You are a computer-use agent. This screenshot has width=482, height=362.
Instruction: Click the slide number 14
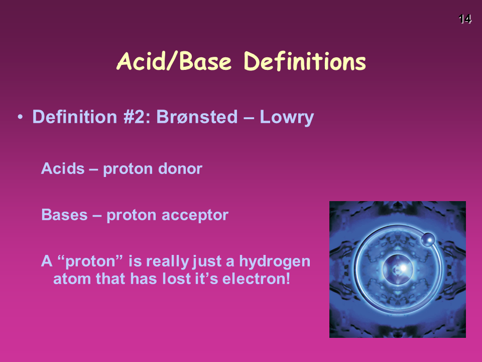465,19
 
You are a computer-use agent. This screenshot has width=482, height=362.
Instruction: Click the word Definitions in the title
305,61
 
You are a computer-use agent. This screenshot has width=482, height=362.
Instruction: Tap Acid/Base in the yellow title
174,61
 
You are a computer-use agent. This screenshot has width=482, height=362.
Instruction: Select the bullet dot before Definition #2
20,117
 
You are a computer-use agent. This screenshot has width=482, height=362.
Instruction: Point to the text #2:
137,117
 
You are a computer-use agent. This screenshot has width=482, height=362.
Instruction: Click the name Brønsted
197,117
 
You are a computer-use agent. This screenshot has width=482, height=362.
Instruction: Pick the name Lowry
287,118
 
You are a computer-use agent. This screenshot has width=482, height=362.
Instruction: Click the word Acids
63,168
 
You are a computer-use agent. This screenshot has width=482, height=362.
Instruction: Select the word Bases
65,215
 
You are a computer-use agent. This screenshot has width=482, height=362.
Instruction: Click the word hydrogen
275,261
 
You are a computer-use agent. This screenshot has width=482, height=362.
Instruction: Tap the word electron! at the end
256,279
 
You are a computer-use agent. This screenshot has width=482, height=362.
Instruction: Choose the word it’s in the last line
206,279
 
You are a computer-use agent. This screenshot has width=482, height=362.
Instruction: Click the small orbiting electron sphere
428,240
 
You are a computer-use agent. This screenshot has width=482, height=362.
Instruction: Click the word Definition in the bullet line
75,117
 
